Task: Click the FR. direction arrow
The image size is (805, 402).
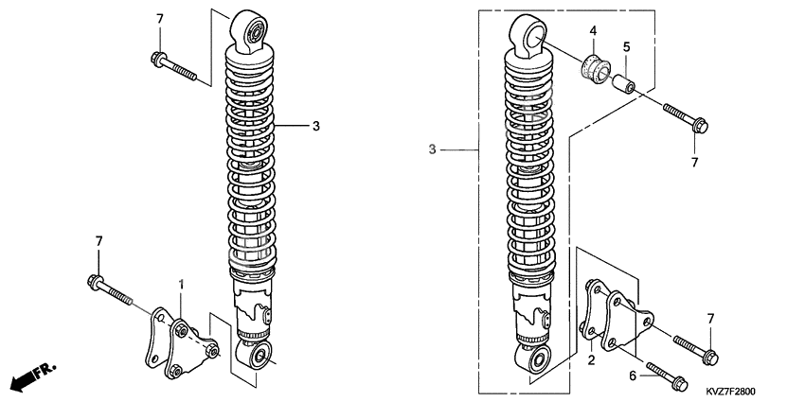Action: (34, 376)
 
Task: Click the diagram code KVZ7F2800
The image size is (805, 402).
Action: (730, 392)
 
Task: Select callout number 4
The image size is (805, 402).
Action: (593, 31)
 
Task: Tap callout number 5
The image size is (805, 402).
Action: (626, 47)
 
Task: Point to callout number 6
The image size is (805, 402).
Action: (633, 376)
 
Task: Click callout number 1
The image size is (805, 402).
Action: (181, 284)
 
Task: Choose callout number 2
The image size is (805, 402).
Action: (591, 360)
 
